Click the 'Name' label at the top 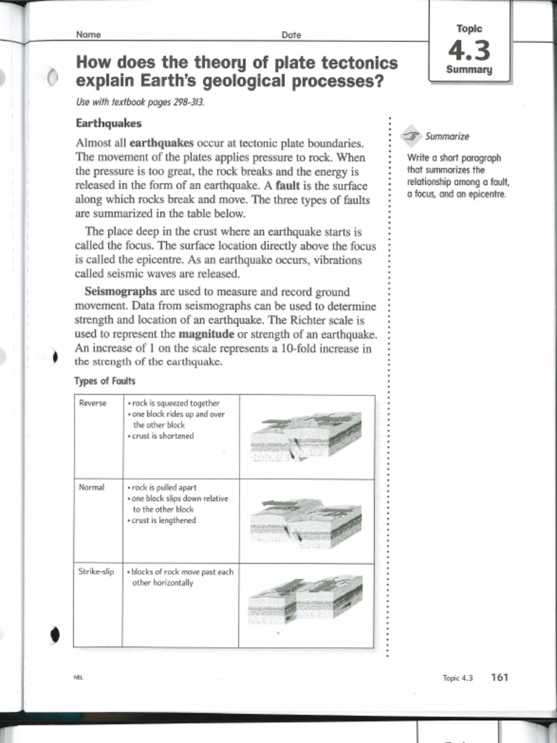tap(88, 34)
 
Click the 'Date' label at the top tap(291, 34)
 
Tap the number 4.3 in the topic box tap(469, 50)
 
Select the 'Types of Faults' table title tap(104, 381)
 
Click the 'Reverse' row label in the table tap(92, 403)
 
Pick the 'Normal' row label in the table tap(91, 487)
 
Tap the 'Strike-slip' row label tap(96, 572)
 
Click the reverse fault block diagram tap(306, 436)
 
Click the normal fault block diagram tap(306, 522)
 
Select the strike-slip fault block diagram tap(306, 599)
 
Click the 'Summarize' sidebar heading tap(447, 136)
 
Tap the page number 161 tap(500, 677)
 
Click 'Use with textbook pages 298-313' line tap(140, 102)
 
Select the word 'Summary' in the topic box tap(469, 70)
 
